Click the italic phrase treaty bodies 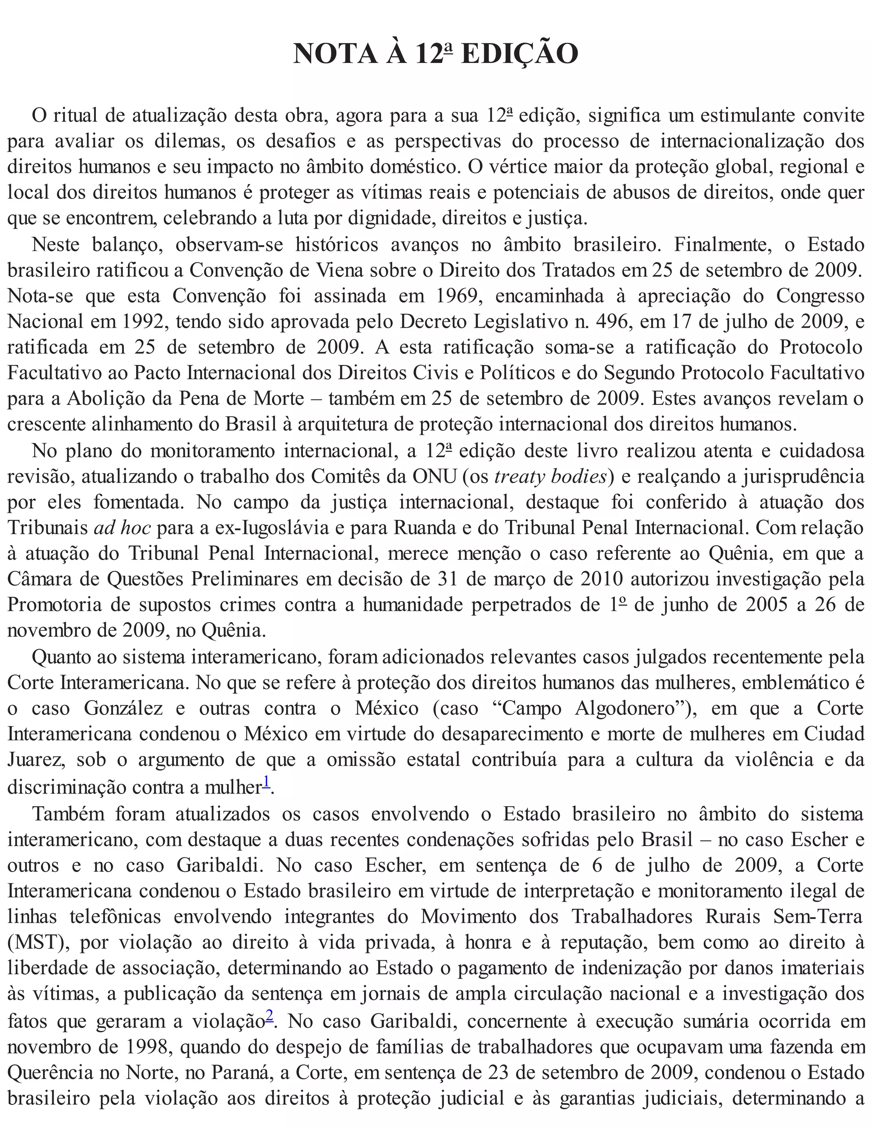[x=550, y=477]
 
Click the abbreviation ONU [x=434, y=477]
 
